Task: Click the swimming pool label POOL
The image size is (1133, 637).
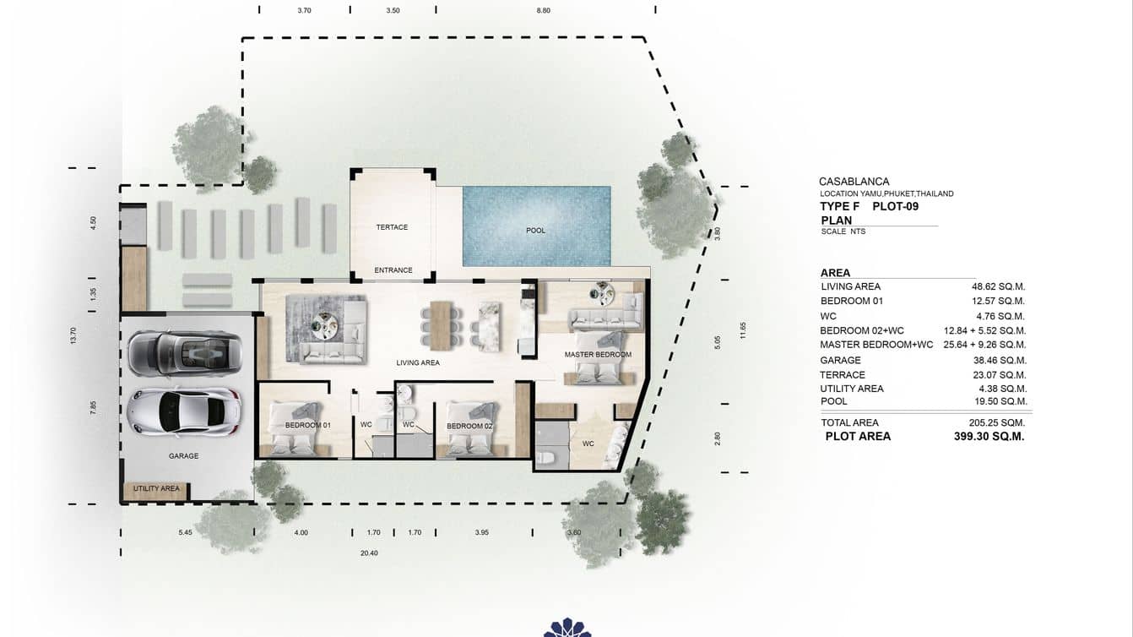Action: pyautogui.click(x=535, y=231)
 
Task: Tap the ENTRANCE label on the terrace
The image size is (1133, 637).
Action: pyautogui.click(x=393, y=270)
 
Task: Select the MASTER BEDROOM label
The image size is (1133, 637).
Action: pyautogui.click(x=598, y=355)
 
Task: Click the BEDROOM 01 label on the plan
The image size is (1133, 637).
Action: pyautogui.click(x=307, y=425)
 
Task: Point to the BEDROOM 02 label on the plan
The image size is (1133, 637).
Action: pyautogui.click(x=469, y=426)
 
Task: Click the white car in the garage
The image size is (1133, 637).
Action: pyautogui.click(x=184, y=411)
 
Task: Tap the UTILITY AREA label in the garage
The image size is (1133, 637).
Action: pyautogui.click(x=156, y=488)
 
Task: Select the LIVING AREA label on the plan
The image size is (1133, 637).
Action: pyautogui.click(x=418, y=362)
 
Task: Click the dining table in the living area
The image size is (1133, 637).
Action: pyautogui.click(x=442, y=324)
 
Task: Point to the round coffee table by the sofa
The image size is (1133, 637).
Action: pyautogui.click(x=324, y=321)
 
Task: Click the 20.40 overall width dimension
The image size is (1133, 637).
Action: pyautogui.click(x=369, y=553)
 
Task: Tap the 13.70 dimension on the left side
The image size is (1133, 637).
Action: pyautogui.click(x=74, y=335)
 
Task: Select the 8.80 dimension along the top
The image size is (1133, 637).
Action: pyautogui.click(x=543, y=11)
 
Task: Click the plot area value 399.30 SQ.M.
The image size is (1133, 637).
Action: pyautogui.click(x=989, y=437)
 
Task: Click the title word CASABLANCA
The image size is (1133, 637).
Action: pyautogui.click(x=854, y=182)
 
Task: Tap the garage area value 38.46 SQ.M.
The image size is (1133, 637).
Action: pyautogui.click(x=998, y=360)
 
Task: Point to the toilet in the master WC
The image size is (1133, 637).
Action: pyautogui.click(x=546, y=457)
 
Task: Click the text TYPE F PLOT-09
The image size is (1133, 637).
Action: pyautogui.click(x=869, y=206)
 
